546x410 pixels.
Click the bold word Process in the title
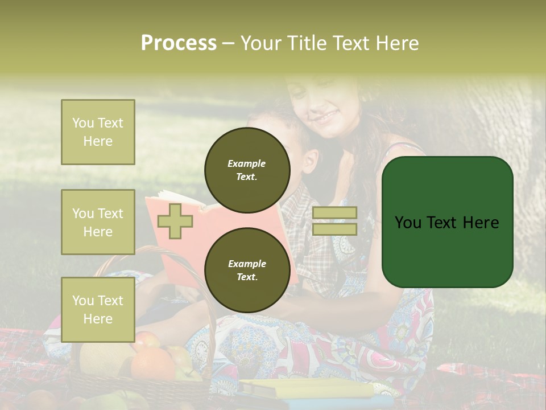[179, 43]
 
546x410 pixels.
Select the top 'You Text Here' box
[98, 132]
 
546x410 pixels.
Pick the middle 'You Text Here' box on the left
[98, 222]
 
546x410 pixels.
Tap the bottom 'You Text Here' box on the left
[98, 310]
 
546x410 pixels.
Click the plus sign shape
[175, 221]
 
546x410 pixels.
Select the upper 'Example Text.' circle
[247, 170]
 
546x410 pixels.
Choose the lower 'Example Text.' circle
[247, 270]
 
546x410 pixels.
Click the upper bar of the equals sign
[334, 212]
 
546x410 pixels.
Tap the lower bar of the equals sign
[334, 229]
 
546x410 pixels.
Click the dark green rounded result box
[447, 222]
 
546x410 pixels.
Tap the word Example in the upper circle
[247, 163]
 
